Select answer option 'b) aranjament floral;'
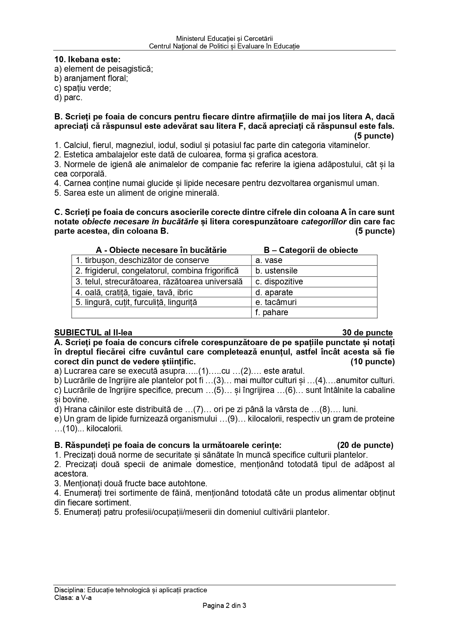[91, 78]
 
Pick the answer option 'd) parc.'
[68, 97]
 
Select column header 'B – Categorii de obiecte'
[311, 250]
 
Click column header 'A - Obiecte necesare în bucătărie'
[161, 250]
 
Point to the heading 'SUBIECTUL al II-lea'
[93, 333]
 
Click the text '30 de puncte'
[367, 333]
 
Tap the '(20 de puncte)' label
[365, 445]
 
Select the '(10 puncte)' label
[372, 361]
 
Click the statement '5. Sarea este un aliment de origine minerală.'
[137, 193]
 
